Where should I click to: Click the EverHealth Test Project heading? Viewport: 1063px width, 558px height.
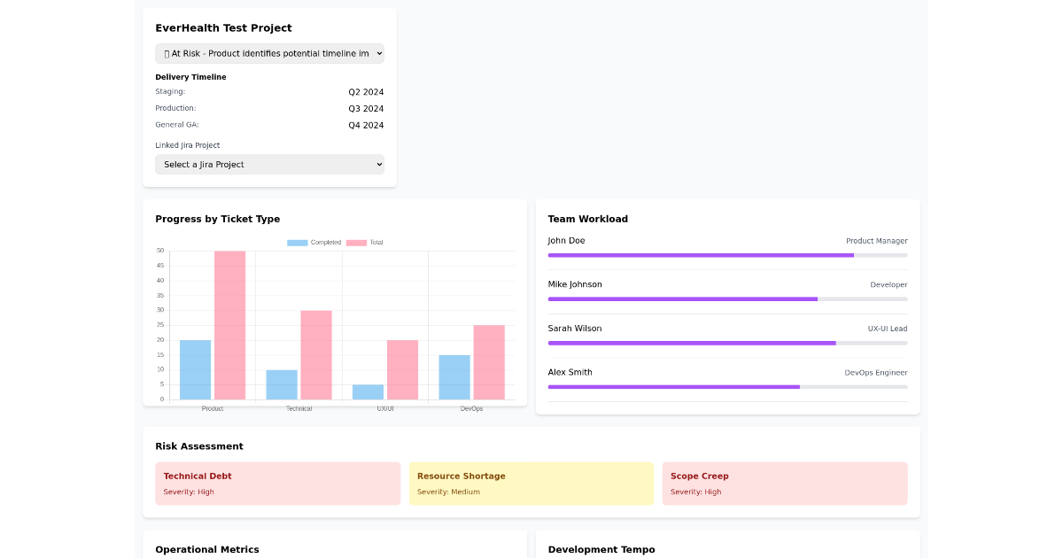(x=223, y=28)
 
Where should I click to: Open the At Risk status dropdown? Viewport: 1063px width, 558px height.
(x=269, y=54)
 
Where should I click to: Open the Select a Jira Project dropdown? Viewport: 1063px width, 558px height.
(x=269, y=165)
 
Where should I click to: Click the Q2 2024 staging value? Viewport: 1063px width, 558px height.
(x=366, y=92)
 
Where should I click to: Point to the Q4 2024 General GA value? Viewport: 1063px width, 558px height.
(x=366, y=126)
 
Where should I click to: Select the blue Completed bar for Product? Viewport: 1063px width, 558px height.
(x=195, y=370)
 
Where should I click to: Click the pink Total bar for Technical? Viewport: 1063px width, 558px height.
(x=316, y=355)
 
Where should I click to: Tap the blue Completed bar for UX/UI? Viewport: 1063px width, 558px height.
(x=368, y=391)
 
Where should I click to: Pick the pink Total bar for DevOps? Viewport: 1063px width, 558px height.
(x=489, y=362)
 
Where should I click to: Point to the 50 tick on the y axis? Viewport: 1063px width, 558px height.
(x=160, y=251)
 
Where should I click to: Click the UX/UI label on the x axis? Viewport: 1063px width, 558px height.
(x=385, y=408)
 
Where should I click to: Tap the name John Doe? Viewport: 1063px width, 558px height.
(x=566, y=241)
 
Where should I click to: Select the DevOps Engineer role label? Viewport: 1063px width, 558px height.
(x=875, y=373)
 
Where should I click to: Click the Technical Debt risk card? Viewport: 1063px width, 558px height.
(x=277, y=484)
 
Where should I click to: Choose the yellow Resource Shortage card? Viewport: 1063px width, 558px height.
(x=531, y=484)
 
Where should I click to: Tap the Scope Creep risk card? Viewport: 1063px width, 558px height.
(x=784, y=484)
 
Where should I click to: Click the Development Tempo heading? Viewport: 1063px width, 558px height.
(x=601, y=550)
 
